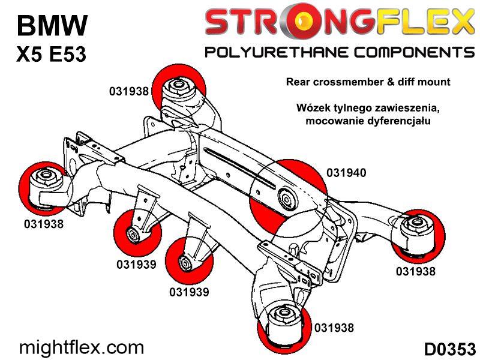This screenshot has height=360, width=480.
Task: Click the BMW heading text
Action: pos(52,25)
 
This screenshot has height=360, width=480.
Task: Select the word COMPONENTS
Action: pos(415,52)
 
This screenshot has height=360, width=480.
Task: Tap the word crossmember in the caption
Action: pos(349,82)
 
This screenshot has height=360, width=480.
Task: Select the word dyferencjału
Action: pos(398,121)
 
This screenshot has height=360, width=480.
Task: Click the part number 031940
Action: pos(346,173)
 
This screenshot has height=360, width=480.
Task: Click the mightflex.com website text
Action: pos(82,348)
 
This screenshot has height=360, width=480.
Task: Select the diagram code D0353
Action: pos(449,349)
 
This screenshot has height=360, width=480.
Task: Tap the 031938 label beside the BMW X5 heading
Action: pos(129,91)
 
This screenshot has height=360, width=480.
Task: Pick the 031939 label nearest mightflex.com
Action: pos(136,264)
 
